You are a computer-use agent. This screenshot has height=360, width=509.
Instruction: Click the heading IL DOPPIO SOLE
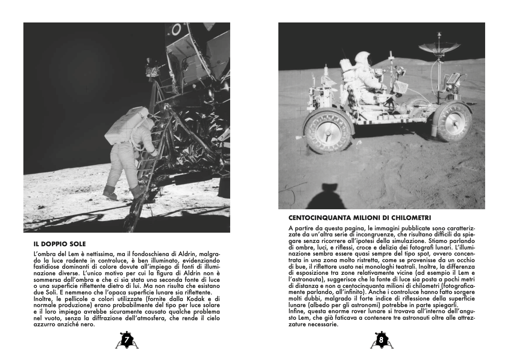pyautogui.click(x=60, y=244)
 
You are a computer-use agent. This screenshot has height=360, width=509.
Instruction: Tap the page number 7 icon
pyautogui.click(x=125, y=340)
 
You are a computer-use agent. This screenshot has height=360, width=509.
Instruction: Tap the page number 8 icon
pyautogui.click(x=381, y=340)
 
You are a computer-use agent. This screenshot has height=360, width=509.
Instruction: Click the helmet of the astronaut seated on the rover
pyautogui.click(x=362, y=58)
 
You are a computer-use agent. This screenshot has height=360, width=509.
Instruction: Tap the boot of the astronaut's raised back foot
pyautogui.click(x=110, y=192)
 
